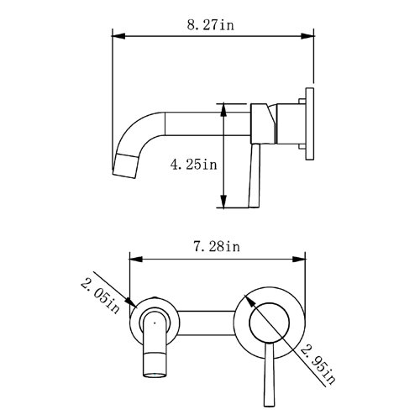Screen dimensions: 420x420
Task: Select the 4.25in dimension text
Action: [193, 165]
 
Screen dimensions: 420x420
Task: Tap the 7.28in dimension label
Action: [217, 247]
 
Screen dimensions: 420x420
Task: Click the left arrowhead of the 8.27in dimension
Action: [118, 36]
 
